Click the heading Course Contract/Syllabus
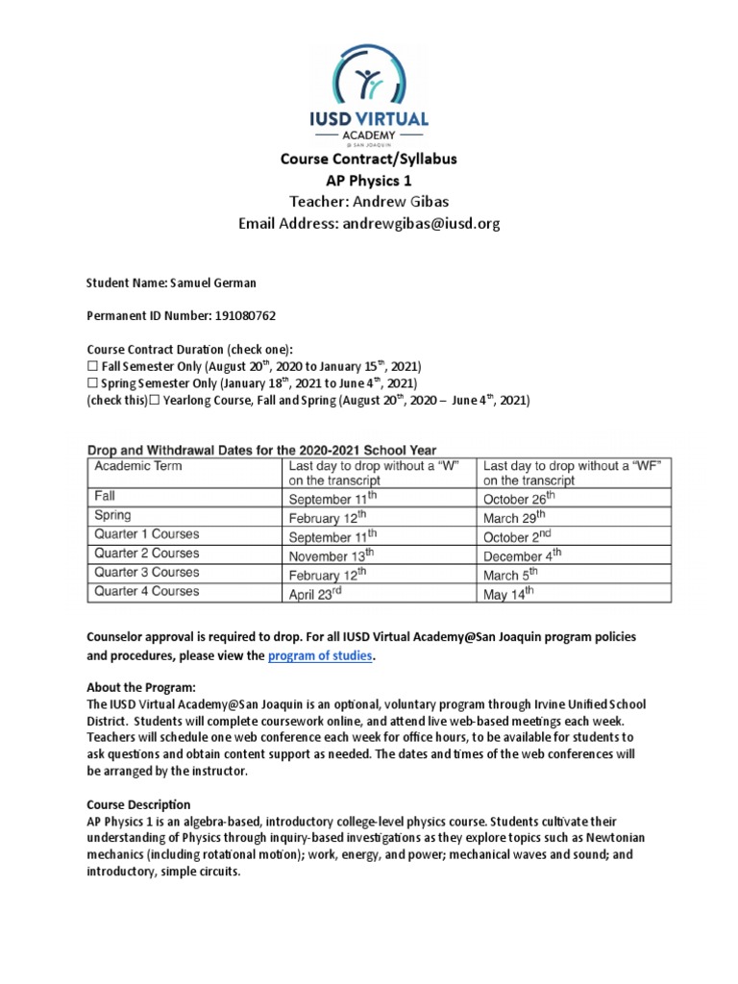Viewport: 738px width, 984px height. click(x=369, y=159)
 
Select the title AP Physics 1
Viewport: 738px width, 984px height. click(x=369, y=180)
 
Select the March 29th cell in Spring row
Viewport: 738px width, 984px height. click(x=514, y=517)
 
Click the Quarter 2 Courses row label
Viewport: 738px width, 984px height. click(x=146, y=553)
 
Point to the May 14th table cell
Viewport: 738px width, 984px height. click(x=508, y=594)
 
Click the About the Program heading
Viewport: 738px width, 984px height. click(x=141, y=687)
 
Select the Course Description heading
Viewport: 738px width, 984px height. click(x=139, y=804)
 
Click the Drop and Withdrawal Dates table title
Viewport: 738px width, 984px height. click(x=262, y=449)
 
